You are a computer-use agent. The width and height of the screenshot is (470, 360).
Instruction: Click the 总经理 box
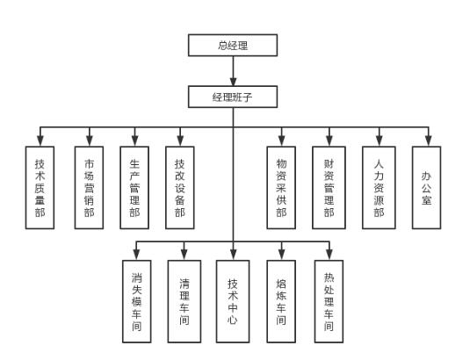coord(234,46)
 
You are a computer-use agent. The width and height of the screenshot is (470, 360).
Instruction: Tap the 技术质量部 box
coord(40,187)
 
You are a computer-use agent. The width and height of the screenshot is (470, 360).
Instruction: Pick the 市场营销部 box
coord(90,187)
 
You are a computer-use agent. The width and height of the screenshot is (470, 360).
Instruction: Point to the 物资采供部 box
coord(281,187)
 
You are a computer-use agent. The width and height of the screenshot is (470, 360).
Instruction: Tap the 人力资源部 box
coord(379,187)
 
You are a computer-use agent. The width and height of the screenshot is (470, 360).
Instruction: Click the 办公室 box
coord(426,187)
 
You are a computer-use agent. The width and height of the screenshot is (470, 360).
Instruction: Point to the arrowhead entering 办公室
coord(427,140)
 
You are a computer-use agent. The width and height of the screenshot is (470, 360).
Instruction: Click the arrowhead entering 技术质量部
coord(40,140)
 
